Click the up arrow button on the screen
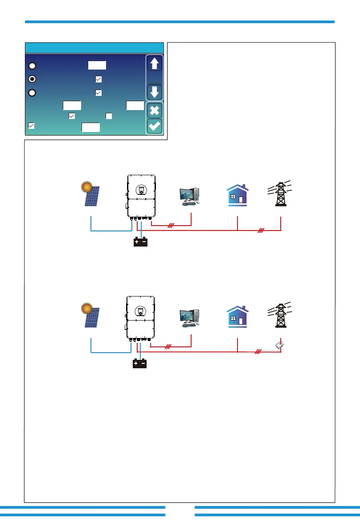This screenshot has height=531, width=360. coord(155,64)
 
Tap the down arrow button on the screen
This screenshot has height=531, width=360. coord(155,93)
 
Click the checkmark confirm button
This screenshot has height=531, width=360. coord(155,126)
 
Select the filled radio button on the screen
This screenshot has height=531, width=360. coord(33,79)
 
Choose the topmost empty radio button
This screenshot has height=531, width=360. coord(33,66)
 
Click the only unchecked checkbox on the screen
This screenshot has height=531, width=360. coord(108,116)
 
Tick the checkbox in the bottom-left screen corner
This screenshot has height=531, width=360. coord(31,126)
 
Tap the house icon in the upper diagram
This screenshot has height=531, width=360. coord(237,194)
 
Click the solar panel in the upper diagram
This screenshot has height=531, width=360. coord(93,194)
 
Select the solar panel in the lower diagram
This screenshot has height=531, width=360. coord(93,316)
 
